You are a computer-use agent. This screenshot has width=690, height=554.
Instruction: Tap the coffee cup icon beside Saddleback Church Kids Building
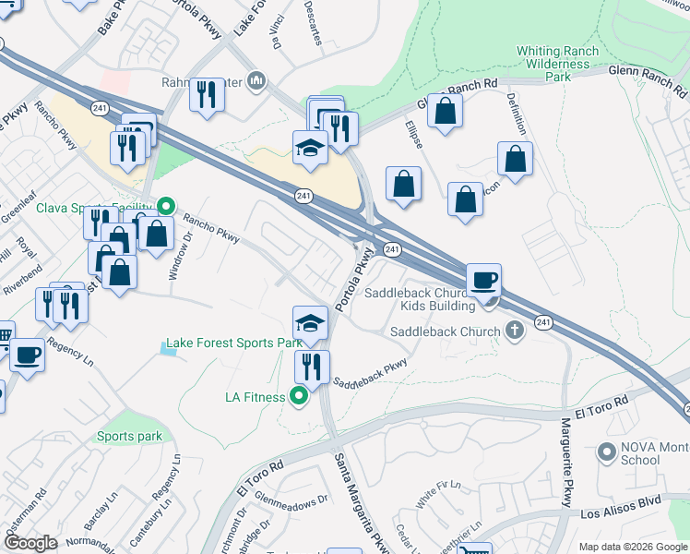[483, 279]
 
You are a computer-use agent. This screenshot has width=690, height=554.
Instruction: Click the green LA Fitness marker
[299, 398]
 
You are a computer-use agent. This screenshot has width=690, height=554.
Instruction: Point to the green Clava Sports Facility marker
[166, 206]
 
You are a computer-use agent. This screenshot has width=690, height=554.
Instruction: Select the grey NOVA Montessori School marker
[606, 452]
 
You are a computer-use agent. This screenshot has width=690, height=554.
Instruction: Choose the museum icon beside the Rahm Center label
[256, 80]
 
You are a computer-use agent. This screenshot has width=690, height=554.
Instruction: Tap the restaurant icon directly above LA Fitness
[312, 366]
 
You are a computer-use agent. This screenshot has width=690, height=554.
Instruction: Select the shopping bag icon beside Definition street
[515, 159]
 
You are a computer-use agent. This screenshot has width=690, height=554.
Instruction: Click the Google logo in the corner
[30, 543]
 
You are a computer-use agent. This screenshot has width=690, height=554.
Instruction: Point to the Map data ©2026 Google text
[633, 547]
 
